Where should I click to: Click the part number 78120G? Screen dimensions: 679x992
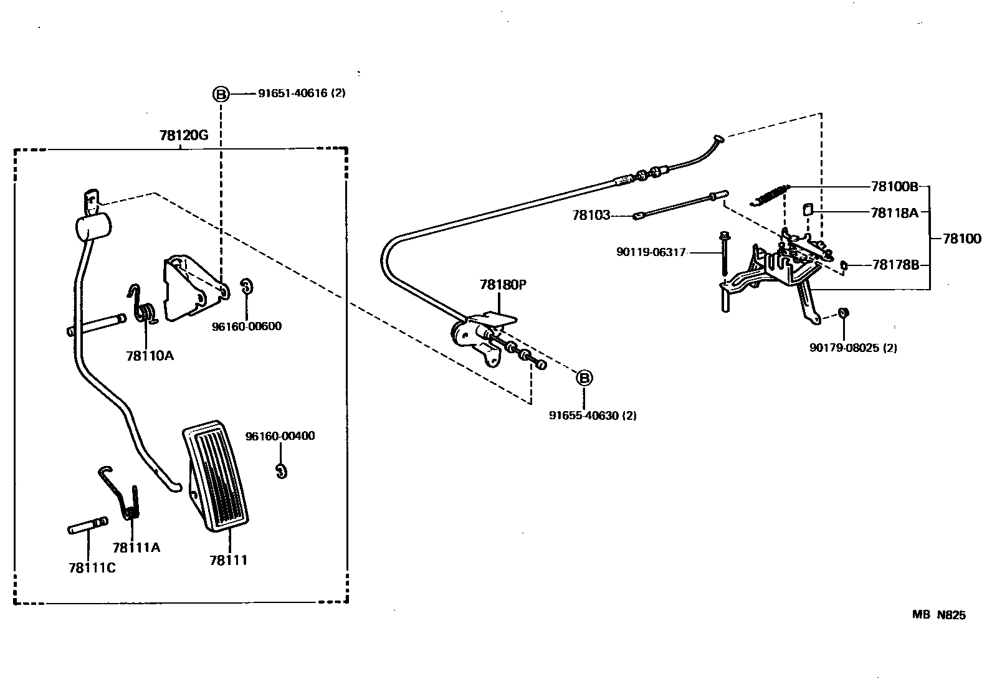point(184,135)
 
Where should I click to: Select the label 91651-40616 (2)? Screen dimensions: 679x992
point(302,93)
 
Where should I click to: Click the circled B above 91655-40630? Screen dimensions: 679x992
point(584,377)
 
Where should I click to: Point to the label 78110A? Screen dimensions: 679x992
point(150,356)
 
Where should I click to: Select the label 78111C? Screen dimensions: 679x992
point(92,567)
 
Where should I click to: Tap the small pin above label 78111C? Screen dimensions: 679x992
point(87,526)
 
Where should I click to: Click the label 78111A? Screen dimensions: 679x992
point(136,548)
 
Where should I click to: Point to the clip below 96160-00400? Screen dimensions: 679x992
point(282,472)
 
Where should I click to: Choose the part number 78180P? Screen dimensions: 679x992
point(503,285)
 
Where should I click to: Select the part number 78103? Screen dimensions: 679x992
point(591,216)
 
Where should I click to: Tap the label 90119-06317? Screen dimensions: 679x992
point(651,252)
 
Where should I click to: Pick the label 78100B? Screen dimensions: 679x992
point(895,186)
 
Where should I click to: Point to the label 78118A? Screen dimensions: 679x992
point(895,212)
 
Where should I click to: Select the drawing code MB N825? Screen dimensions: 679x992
point(939,615)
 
